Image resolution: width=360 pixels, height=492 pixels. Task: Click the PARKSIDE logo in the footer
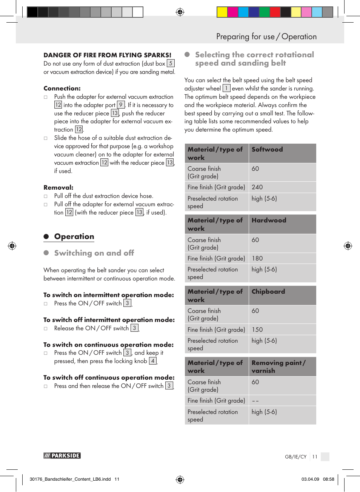(62, 455)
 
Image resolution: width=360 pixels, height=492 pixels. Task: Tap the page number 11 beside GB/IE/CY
(314, 457)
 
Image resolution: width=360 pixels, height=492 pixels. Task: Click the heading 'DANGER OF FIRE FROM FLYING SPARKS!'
(107, 55)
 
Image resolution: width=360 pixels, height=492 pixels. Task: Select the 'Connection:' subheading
(62, 88)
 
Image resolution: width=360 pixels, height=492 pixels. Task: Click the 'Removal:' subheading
(58, 187)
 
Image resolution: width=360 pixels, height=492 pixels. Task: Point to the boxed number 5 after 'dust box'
(171, 63)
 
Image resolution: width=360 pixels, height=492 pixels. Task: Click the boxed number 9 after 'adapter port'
(121, 105)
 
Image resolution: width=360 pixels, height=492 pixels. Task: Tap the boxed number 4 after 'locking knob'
(152, 361)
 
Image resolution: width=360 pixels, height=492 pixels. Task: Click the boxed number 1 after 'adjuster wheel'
(226, 88)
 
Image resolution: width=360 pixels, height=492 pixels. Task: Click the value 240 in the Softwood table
(257, 187)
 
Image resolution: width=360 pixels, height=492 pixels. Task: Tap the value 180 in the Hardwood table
(257, 258)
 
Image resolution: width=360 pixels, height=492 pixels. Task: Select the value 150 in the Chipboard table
(257, 330)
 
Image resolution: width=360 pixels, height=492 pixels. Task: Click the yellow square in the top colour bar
(222, 12)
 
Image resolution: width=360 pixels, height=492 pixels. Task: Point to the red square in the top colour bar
(275, 12)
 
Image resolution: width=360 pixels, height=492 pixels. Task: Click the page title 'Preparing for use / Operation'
(266, 37)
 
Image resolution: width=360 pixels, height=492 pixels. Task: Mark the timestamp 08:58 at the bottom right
(328, 479)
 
